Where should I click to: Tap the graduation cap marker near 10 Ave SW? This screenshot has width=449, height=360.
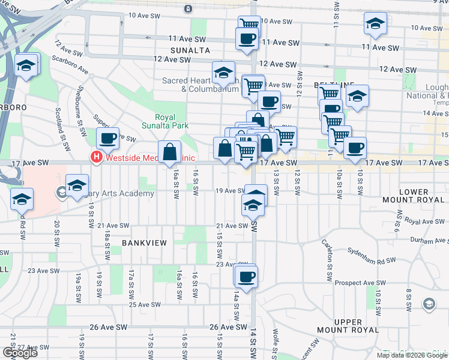pyautogui.click(x=375, y=25)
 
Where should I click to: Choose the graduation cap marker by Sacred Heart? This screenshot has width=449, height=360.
pyautogui.click(x=223, y=73)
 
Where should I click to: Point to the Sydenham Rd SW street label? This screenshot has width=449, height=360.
pyautogui.click(x=375, y=261)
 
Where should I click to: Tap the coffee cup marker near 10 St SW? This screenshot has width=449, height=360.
pyautogui.click(x=354, y=148)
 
